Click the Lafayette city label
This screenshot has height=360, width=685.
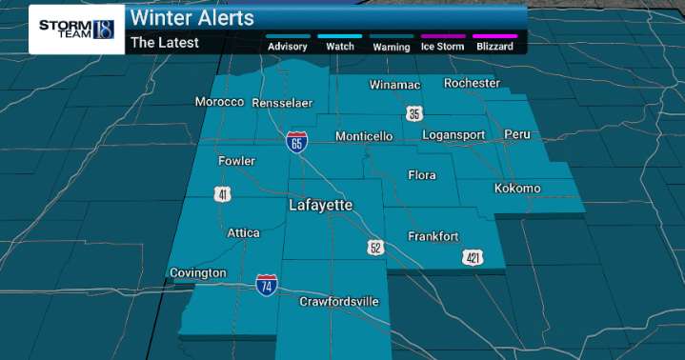(x=321, y=206)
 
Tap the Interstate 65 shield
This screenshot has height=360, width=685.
(x=297, y=142)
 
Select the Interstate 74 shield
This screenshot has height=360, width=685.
(x=267, y=285)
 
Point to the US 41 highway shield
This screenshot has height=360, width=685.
(x=222, y=195)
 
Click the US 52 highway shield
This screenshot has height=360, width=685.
(x=375, y=247)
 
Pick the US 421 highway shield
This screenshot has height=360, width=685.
(x=474, y=257)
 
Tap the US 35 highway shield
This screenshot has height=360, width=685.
(x=413, y=114)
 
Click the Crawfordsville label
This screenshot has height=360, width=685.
(x=339, y=302)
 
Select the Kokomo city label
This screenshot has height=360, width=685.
(x=517, y=189)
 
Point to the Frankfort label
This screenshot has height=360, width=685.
(x=433, y=236)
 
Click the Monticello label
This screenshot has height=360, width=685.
(x=364, y=136)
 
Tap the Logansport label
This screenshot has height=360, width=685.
(x=454, y=135)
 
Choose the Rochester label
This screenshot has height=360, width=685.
(x=472, y=83)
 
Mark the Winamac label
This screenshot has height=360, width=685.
(x=395, y=85)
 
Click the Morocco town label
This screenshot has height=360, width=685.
(x=219, y=102)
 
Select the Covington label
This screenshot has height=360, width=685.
(x=198, y=273)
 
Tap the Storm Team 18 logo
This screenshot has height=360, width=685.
(x=77, y=30)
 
